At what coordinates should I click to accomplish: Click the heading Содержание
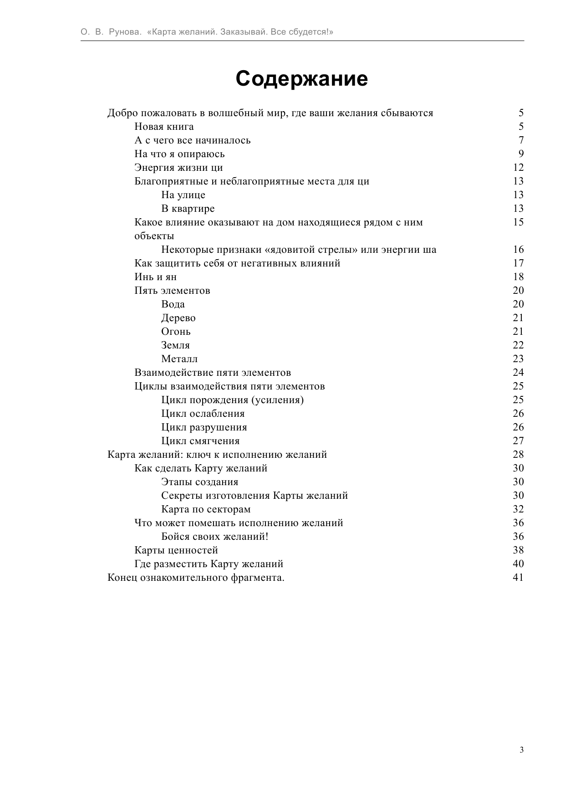(301, 79)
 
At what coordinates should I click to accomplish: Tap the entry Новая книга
(164, 127)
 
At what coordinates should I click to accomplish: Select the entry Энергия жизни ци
(178, 168)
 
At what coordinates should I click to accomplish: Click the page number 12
(518, 168)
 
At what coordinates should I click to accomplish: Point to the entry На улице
(183, 195)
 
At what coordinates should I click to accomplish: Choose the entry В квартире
(188, 209)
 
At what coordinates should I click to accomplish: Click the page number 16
(518, 250)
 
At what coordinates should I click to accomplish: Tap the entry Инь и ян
(155, 277)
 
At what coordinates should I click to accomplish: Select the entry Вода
(173, 304)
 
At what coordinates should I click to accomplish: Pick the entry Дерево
(178, 318)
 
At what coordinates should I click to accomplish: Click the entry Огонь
(176, 332)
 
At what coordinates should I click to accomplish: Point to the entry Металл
(179, 359)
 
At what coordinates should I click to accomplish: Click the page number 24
(518, 373)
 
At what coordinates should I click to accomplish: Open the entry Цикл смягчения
(200, 441)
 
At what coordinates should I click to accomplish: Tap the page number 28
(518, 455)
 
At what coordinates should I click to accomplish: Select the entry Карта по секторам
(206, 509)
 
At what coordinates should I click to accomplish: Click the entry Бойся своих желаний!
(214, 537)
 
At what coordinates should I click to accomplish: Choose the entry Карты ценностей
(176, 550)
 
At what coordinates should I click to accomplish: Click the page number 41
(518, 578)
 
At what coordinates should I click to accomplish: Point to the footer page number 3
(521, 750)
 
